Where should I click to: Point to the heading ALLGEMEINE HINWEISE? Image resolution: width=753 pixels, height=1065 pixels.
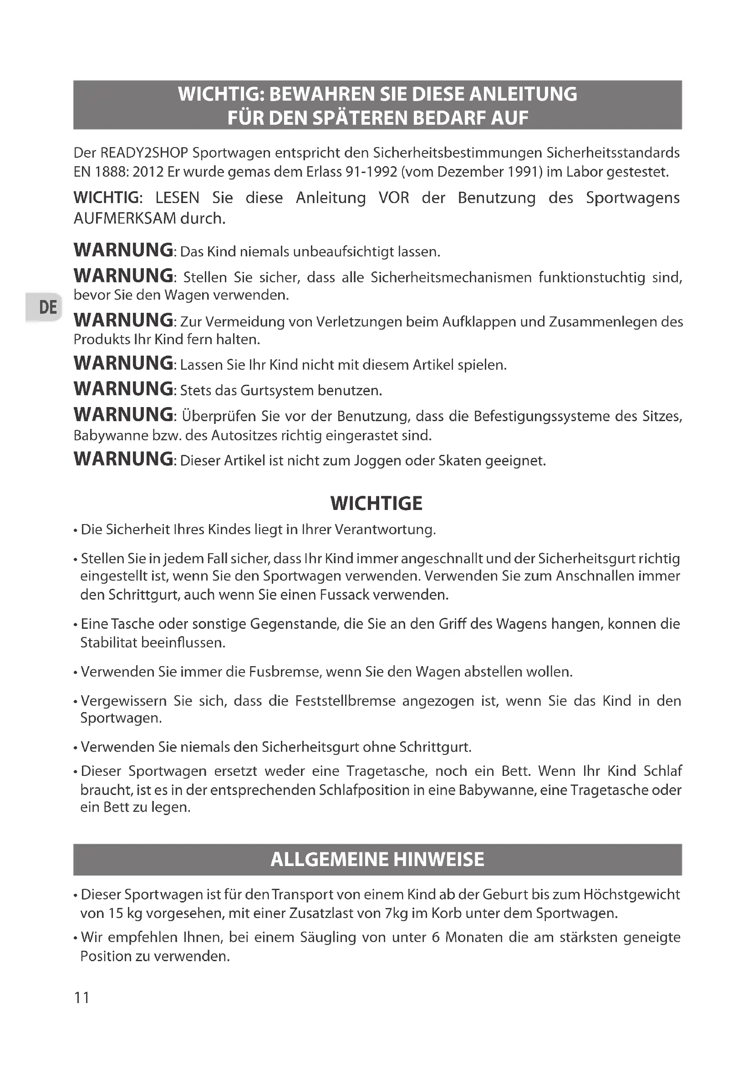377,860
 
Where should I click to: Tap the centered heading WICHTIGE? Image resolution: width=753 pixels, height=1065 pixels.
376,504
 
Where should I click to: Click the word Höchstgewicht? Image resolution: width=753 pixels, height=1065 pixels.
631,894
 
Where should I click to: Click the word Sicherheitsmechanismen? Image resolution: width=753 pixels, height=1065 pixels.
451,277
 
